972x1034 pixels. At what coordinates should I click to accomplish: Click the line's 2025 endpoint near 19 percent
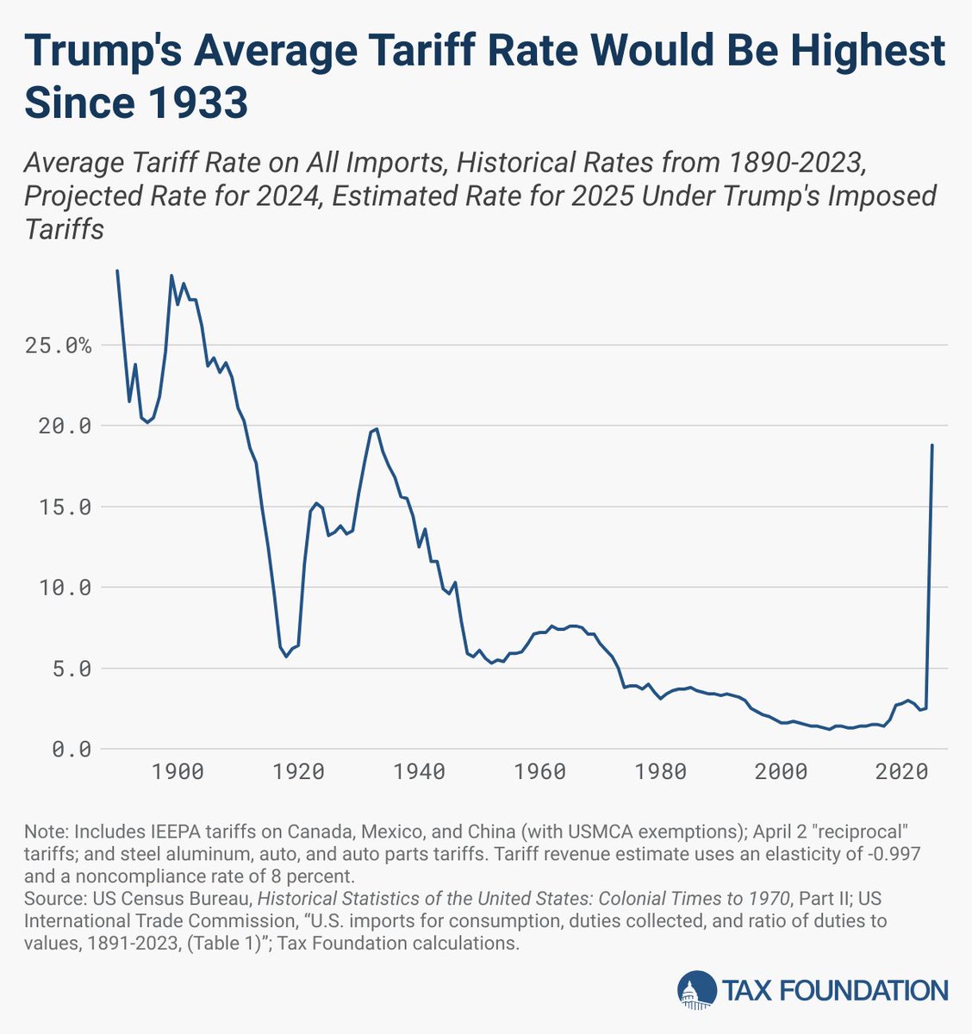pyautogui.click(x=932, y=445)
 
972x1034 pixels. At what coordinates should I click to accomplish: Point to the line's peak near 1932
pyautogui.click(x=377, y=428)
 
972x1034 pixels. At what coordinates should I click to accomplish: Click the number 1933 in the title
pyautogui.click(x=197, y=103)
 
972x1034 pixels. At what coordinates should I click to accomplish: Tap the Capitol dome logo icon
pyautogui.click(x=696, y=989)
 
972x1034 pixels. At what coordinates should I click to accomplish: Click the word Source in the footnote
pyautogui.click(x=50, y=899)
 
